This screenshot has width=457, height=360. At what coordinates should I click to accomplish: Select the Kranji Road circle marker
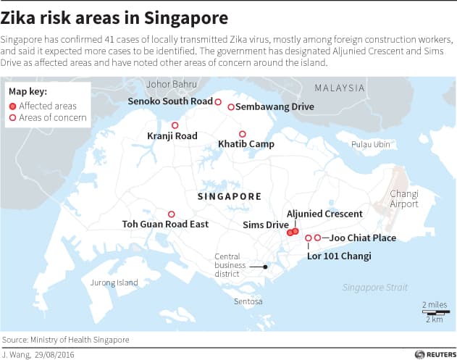click(x=175, y=125)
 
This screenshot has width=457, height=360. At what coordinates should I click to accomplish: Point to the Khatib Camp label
click(x=246, y=144)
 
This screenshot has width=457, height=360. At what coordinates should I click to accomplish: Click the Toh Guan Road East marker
click(x=172, y=214)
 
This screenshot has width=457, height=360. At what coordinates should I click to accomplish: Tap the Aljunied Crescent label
click(x=324, y=214)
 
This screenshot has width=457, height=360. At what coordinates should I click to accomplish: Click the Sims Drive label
click(x=265, y=225)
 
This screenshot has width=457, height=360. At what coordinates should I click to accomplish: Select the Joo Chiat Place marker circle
click(x=317, y=238)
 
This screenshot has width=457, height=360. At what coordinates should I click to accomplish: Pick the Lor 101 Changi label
click(x=338, y=256)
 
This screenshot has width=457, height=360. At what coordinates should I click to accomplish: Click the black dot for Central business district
click(x=266, y=267)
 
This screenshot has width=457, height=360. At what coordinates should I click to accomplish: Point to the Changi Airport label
click(x=404, y=198)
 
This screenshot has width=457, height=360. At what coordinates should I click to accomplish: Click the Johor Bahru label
click(x=168, y=84)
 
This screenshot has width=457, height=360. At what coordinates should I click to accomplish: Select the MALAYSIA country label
click(x=340, y=88)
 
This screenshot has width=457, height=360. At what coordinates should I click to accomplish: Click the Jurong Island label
click(x=114, y=282)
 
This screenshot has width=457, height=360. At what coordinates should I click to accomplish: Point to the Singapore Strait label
click(x=375, y=288)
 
